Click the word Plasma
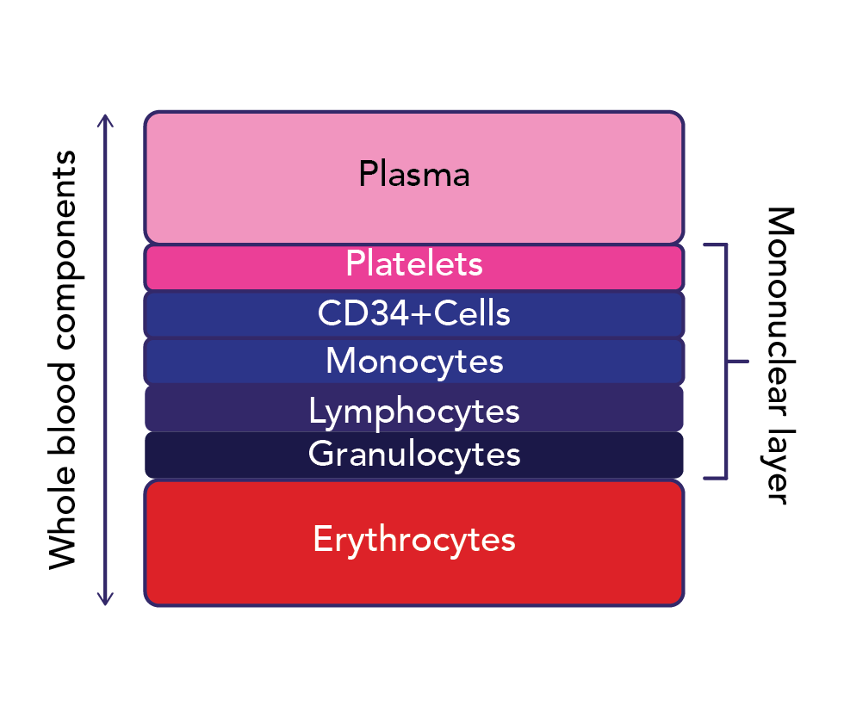414,174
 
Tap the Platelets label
414,263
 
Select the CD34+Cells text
414,313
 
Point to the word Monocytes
414,362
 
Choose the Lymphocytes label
414,412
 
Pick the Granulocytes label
414,455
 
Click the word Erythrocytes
414,540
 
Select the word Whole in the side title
62,517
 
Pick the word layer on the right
779,466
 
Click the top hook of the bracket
715,244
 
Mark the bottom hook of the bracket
715,478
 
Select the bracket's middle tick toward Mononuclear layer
737,362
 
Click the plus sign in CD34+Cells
421,313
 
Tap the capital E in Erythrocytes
322,538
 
